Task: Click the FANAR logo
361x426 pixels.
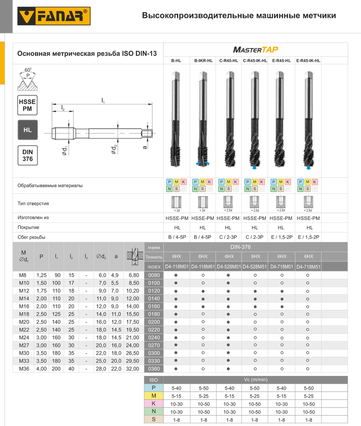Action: click(x=54, y=16)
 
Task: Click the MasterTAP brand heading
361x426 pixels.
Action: click(x=256, y=49)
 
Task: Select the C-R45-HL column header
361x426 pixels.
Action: click(x=229, y=61)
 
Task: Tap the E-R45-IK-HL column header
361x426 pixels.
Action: click(x=308, y=61)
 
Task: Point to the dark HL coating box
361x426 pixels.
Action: click(x=27, y=130)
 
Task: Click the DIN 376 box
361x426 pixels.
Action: click(x=27, y=155)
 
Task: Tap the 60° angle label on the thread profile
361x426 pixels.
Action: click(x=28, y=70)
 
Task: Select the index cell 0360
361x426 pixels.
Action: click(x=153, y=369)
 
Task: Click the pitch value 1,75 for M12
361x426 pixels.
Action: click(x=42, y=291)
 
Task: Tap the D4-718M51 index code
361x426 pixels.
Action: click(x=308, y=267)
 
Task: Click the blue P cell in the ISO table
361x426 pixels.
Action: click(x=153, y=388)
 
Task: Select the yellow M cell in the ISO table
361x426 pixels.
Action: click(x=153, y=396)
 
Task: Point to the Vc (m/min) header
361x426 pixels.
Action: click(x=256, y=380)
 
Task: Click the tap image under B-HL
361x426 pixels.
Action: click(x=176, y=119)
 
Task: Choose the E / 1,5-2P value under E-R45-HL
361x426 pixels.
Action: click(x=282, y=237)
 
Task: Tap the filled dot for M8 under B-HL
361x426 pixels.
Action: click(x=176, y=275)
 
